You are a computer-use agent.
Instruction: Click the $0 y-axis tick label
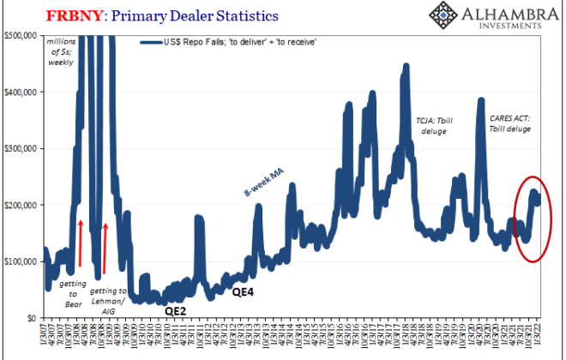33,317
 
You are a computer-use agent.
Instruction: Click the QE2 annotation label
176,309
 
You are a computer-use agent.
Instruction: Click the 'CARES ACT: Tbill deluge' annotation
512,122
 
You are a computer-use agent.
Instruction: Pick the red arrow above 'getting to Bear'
79,243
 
